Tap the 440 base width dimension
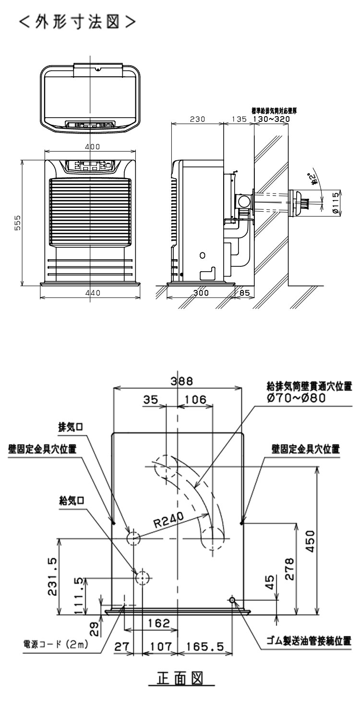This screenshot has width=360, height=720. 90,294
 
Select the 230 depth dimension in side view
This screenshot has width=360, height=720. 197,119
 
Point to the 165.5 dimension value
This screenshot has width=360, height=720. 205,647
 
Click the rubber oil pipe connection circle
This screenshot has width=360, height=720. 232,600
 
